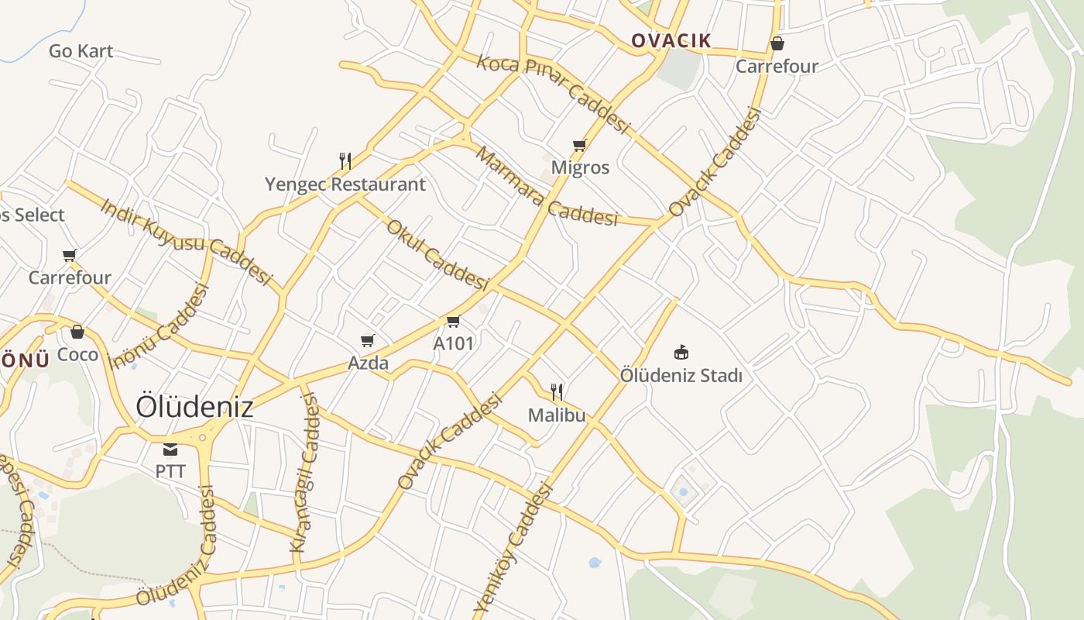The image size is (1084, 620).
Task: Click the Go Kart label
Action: [81, 51]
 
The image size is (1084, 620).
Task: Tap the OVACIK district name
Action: [671, 40]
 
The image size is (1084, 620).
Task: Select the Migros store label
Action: [580, 167]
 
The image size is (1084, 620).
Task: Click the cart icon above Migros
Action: [579, 145]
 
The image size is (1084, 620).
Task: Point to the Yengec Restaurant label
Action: [345, 184]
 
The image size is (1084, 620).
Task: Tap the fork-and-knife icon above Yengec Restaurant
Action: [345, 161]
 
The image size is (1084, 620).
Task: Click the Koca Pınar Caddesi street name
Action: [552, 94]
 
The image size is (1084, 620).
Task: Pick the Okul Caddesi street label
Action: [437, 255]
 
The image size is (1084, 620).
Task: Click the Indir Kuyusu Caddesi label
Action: [187, 241]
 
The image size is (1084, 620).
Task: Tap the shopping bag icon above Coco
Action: [77, 332]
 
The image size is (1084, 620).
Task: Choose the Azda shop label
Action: [368, 363]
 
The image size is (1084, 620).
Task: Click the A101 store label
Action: [453, 343]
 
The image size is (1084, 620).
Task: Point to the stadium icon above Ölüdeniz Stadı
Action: [681, 353]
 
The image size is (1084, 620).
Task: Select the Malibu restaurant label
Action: [556, 415]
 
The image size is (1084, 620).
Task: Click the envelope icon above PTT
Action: [170, 449]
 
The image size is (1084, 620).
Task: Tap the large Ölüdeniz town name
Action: [194, 406]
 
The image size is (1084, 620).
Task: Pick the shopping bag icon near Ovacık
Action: [777, 43]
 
